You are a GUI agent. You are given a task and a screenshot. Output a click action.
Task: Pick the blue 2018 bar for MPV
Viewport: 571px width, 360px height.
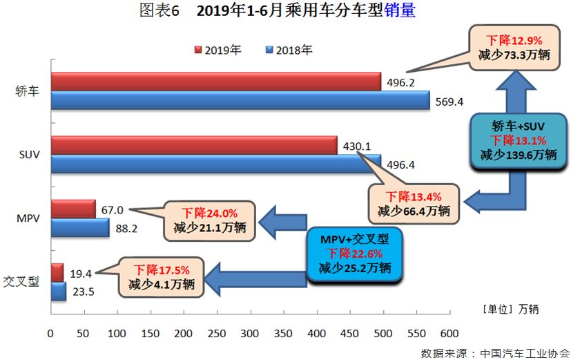(x=79, y=228)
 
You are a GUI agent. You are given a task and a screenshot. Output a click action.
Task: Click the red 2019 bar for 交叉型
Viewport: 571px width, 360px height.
(x=57, y=272)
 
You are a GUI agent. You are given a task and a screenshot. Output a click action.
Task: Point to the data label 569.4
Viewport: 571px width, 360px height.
(x=449, y=102)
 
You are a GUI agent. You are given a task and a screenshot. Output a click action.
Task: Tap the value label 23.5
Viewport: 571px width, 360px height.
(x=82, y=291)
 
